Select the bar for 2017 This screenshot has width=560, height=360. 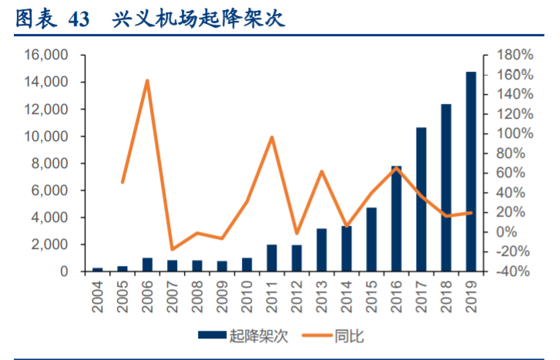point(421,200)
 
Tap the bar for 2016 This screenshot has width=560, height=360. point(396,219)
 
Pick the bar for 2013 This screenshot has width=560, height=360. point(322,250)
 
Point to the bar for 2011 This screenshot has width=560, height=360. point(272,258)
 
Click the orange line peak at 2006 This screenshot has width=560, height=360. point(147,80)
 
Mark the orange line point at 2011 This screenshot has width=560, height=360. point(272,137)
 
